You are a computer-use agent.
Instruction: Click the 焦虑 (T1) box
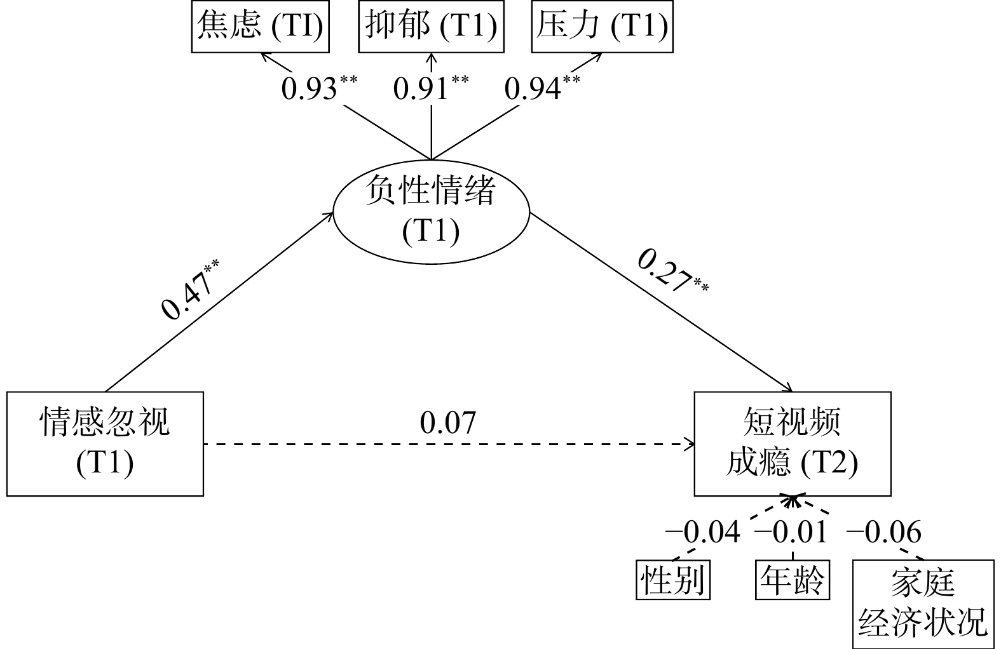point(260,27)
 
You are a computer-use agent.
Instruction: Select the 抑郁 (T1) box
point(431,27)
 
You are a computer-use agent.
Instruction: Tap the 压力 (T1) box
point(602,27)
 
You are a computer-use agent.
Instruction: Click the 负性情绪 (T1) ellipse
point(431,211)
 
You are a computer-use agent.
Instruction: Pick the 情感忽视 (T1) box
point(105,443)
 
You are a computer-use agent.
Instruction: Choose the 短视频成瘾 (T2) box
point(792,443)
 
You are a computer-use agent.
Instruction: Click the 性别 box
point(672,579)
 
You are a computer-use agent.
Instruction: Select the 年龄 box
point(793,579)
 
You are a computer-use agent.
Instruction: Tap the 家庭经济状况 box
point(923,600)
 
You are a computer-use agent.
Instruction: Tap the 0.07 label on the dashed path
point(447,423)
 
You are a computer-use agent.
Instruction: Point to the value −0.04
point(702,532)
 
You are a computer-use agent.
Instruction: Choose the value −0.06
point(883,532)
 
